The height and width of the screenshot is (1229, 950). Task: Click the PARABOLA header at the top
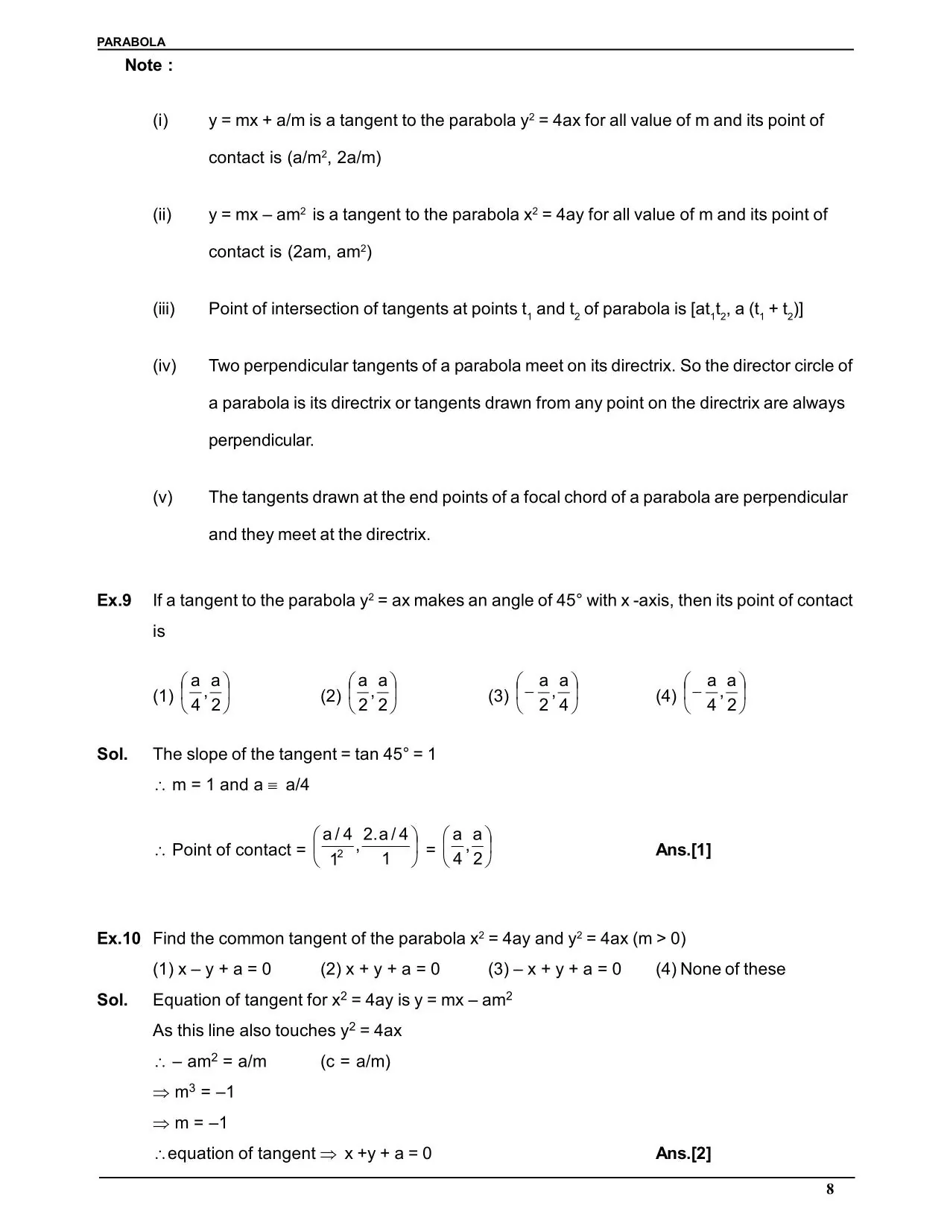[x=131, y=42]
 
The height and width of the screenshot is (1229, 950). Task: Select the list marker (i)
[x=161, y=121]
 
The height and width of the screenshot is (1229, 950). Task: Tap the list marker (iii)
[x=164, y=309]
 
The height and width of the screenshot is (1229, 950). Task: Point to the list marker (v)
[x=162, y=498]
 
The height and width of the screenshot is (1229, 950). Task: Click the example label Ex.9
[x=114, y=600]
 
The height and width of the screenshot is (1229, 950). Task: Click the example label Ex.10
[x=118, y=939]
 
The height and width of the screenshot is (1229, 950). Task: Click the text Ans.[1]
[x=683, y=850]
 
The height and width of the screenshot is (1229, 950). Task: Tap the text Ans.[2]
[x=683, y=1154]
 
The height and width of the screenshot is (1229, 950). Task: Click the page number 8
[x=830, y=1190]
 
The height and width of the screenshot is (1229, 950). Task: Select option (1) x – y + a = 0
[x=212, y=969]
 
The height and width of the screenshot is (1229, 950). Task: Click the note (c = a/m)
[x=355, y=1061]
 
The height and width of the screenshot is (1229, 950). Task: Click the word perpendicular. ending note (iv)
[x=261, y=440]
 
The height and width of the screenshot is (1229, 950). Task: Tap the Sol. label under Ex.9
[x=113, y=754]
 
